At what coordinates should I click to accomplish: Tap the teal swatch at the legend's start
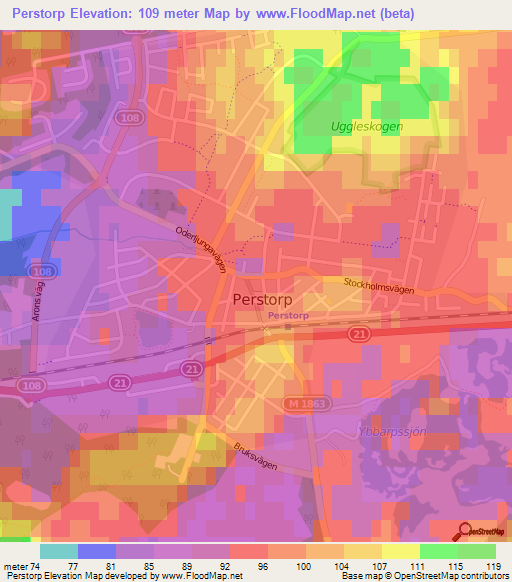click(59, 550)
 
